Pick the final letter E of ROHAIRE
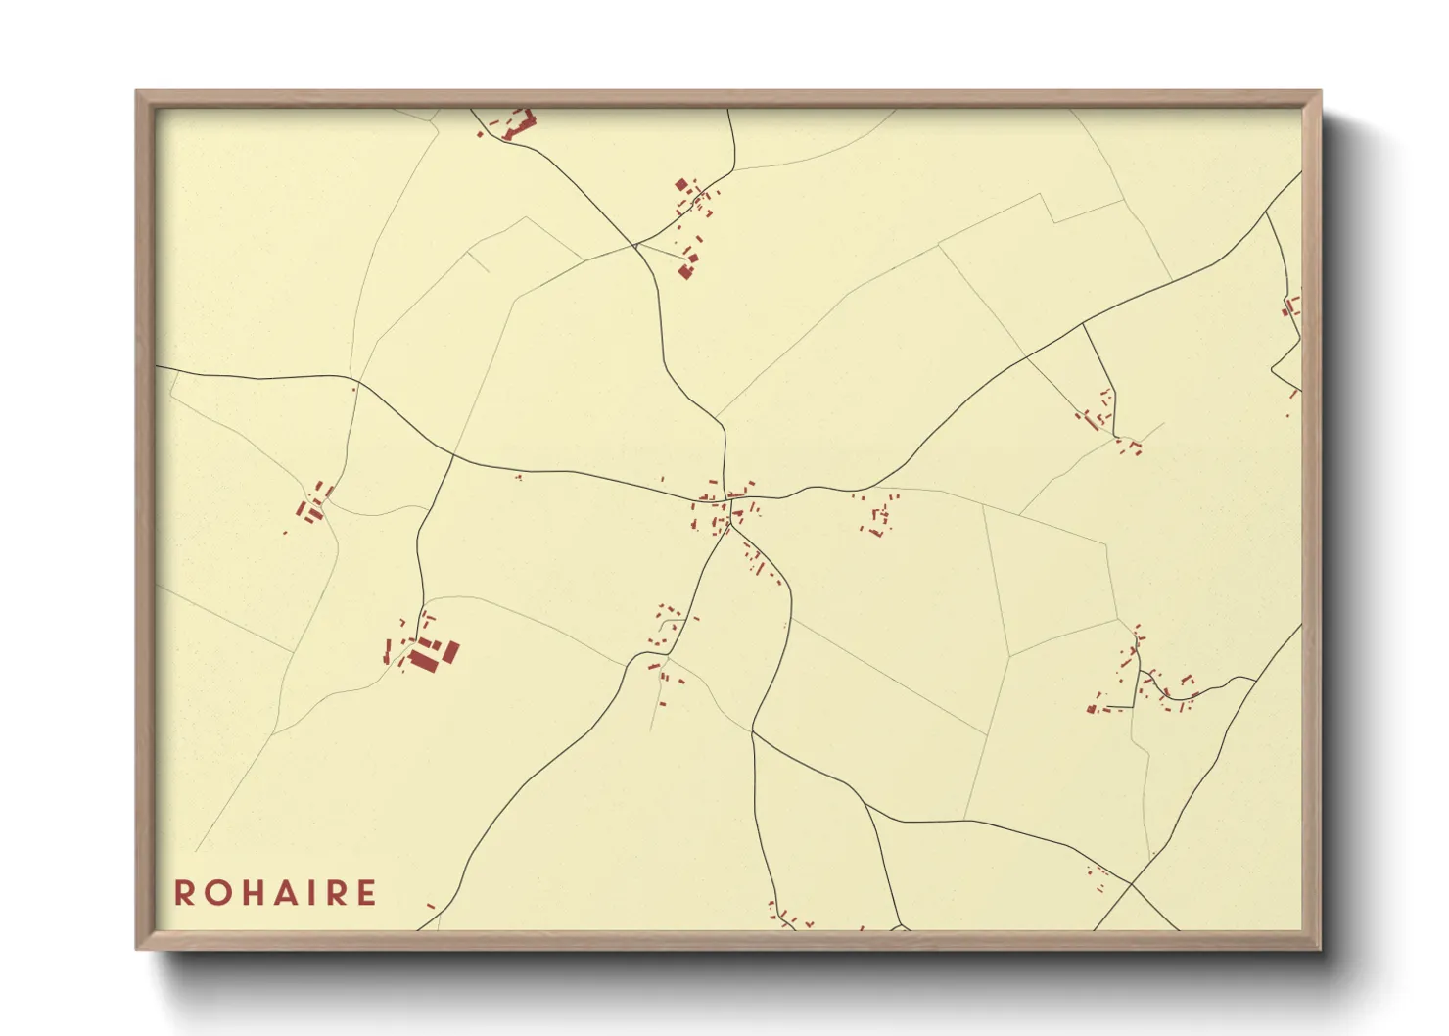point(366,893)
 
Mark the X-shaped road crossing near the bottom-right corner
point(1131,884)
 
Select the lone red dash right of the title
point(430,907)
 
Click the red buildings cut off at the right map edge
point(1291,307)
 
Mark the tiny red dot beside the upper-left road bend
point(354,389)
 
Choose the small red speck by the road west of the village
point(518,477)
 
